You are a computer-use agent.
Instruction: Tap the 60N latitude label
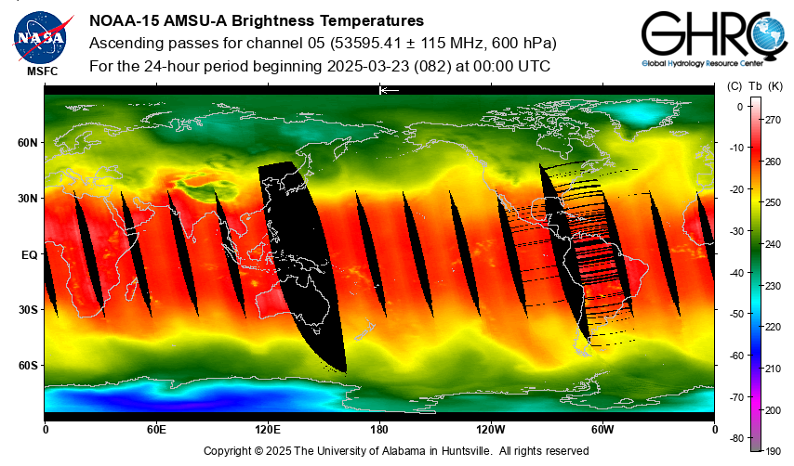[27, 143]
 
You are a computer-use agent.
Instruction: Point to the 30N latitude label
[27, 199]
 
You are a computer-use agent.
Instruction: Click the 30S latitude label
[27, 310]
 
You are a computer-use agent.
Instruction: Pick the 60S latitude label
[27, 366]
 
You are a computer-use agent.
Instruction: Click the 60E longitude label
[156, 430]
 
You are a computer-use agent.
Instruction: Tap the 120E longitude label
[268, 430]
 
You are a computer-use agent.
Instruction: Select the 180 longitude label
[379, 430]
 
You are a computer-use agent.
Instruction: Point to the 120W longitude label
[491, 430]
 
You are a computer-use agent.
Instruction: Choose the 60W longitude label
[602, 430]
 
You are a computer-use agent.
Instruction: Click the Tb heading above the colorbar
[755, 86]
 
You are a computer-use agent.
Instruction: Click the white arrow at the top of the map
[389, 90]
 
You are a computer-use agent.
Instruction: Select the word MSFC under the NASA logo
[42, 71]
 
